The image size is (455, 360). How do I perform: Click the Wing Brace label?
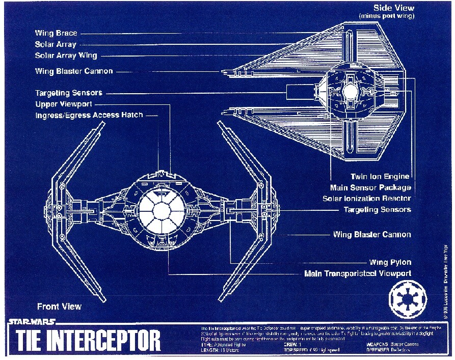pyautogui.click(x=56, y=33)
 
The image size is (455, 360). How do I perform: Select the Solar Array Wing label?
pyautogui.click(x=66, y=56)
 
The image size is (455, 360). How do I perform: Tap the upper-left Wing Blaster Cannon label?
pyautogui.click(x=74, y=71)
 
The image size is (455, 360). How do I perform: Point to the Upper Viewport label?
pyautogui.click(x=64, y=104)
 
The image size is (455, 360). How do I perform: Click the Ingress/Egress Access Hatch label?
pyautogui.click(x=89, y=116)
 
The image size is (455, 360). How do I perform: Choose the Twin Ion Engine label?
pyautogui.click(x=380, y=177)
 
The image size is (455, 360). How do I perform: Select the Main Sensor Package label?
pyautogui.click(x=370, y=187)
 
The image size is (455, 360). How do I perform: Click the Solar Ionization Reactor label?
pyautogui.click(x=366, y=199)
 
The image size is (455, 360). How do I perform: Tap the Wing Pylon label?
pyautogui.click(x=390, y=263)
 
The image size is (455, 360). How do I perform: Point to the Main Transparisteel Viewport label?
pyautogui.click(x=357, y=274)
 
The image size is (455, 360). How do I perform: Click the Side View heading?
pyautogui.click(x=394, y=8)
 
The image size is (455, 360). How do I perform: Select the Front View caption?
pyautogui.click(x=59, y=307)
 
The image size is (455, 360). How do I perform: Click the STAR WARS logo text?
pyautogui.click(x=32, y=322)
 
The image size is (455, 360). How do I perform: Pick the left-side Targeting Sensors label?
pyautogui.click(x=68, y=93)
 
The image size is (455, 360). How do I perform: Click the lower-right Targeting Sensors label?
pyautogui.click(x=377, y=210)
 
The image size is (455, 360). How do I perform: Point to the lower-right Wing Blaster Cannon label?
pyautogui.click(x=372, y=235)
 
